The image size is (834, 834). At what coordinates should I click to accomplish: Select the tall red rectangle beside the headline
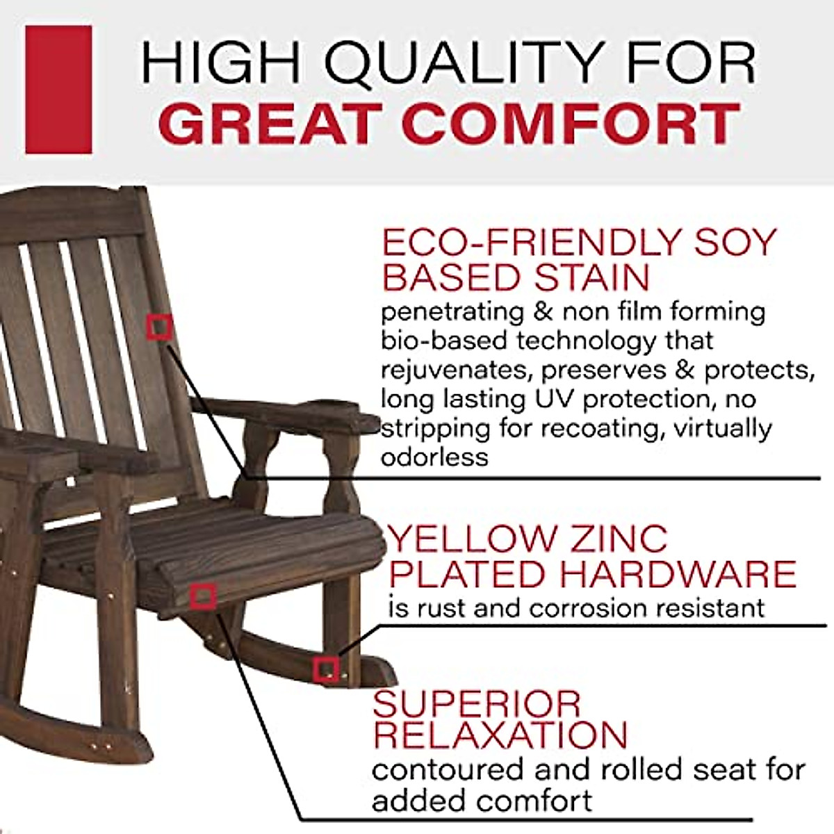(x=58, y=90)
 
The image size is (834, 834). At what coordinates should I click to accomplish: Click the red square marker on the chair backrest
(x=159, y=325)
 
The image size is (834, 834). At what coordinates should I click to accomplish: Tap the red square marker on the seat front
(x=203, y=596)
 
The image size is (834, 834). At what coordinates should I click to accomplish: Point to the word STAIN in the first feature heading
(x=592, y=277)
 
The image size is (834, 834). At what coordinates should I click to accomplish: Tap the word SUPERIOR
(x=476, y=703)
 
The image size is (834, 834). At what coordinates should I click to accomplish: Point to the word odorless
(x=434, y=457)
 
